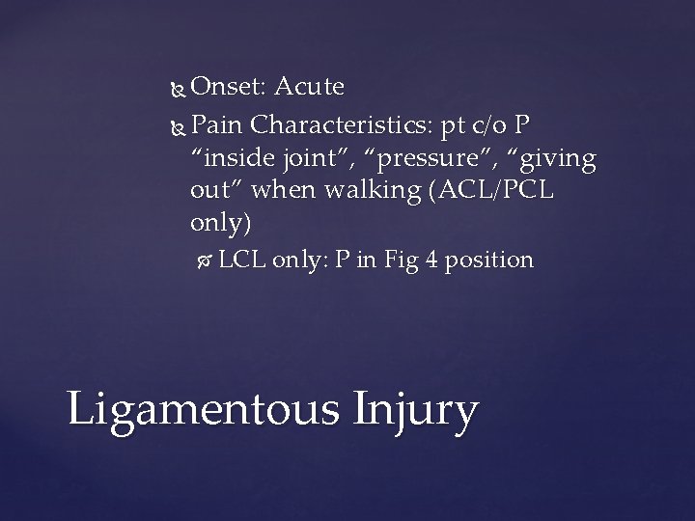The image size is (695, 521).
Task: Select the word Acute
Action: [309, 88]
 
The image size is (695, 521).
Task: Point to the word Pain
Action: [218, 125]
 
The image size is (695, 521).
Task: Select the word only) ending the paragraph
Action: [222, 225]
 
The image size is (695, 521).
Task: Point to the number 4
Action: [431, 260]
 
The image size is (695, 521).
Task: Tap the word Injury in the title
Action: [413, 410]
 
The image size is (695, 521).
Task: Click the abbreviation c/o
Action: [500, 125]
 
